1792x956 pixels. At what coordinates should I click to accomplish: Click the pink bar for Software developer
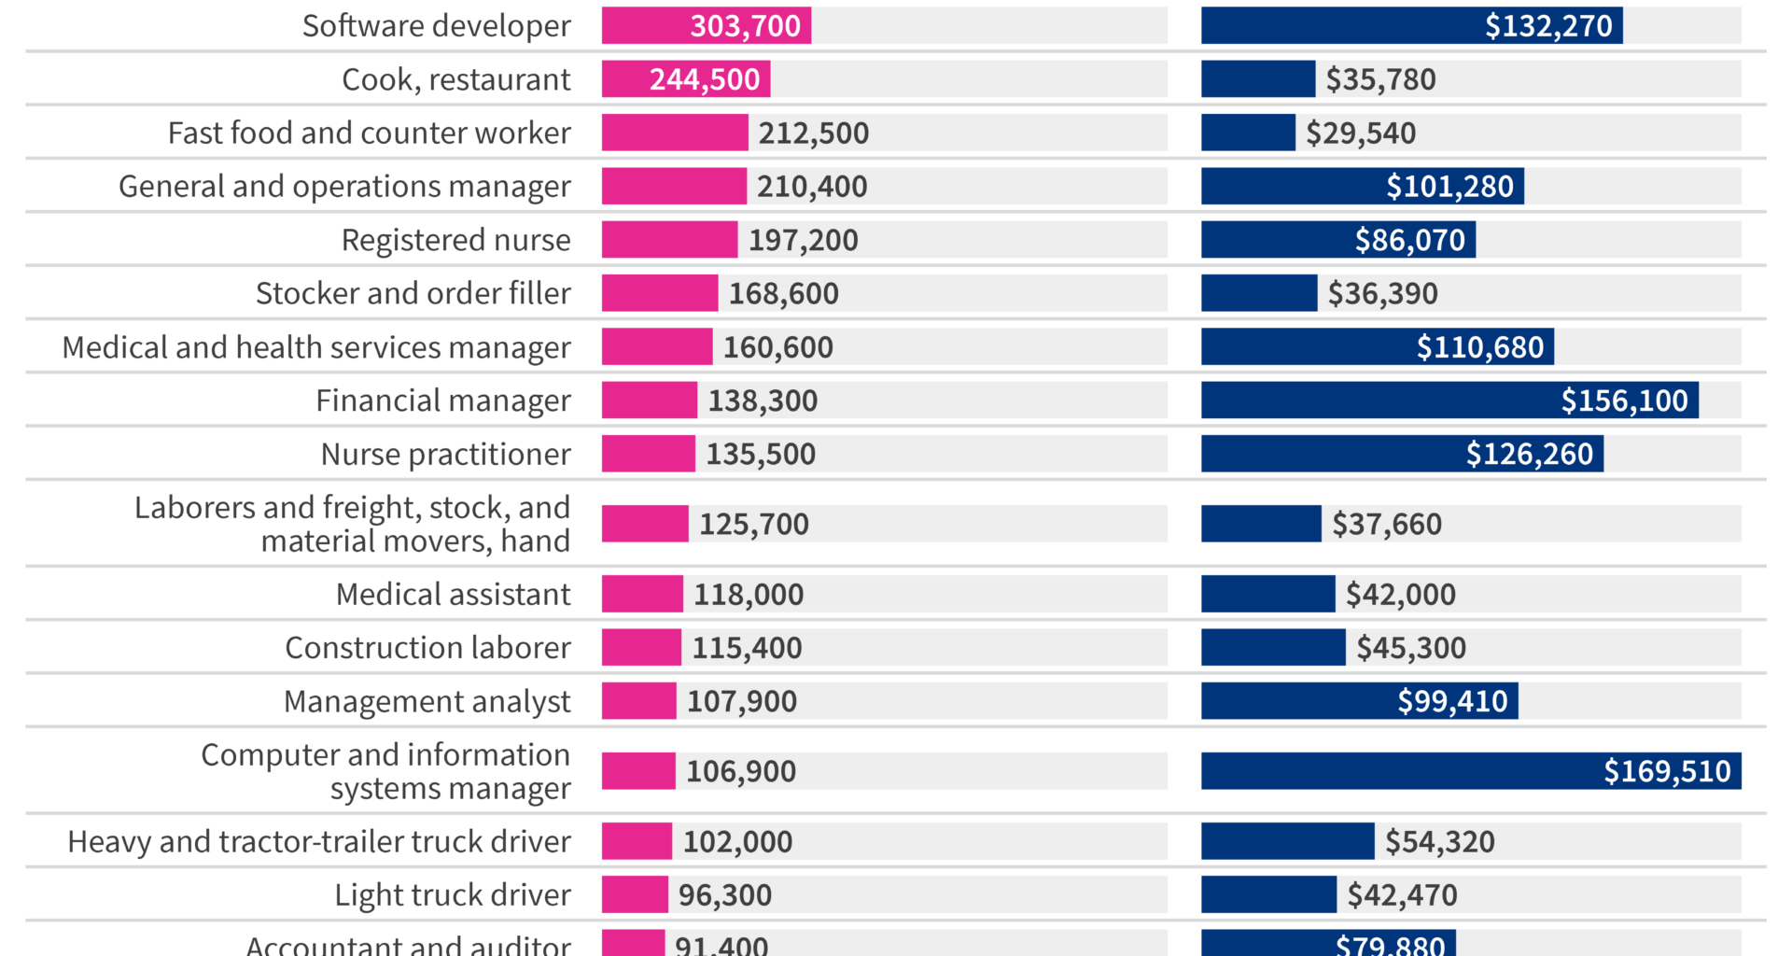click(644, 25)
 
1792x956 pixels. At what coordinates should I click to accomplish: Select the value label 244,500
click(705, 79)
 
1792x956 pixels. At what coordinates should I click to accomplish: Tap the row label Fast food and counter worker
click(369, 133)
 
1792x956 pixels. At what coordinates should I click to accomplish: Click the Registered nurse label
click(455, 240)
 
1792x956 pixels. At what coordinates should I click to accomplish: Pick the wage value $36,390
click(1382, 293)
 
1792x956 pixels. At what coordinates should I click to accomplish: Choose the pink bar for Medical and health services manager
click(656, 346)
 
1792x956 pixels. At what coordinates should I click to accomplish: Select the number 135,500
click(761, 454)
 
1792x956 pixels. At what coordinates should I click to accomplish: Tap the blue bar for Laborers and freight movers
click(1260, 524)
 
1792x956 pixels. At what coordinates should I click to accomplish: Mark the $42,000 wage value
click(1400, 594)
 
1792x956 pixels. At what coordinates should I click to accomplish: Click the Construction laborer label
click(427, 647)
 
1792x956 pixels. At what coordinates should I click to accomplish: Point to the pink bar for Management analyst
click(638, 700)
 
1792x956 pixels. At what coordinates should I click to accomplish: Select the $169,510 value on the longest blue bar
click(1667, 771)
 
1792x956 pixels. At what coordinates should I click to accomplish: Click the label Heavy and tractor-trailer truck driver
click(319, 841)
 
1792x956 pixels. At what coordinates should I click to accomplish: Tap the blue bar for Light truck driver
click(1267, 894)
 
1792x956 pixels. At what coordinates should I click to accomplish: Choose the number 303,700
click(745, 25)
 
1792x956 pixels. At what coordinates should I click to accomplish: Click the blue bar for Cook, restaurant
click(1257, 79)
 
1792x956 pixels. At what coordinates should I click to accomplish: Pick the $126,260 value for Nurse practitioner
click(1529, 454)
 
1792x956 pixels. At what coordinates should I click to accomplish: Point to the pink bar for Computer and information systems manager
click(637, 771)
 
